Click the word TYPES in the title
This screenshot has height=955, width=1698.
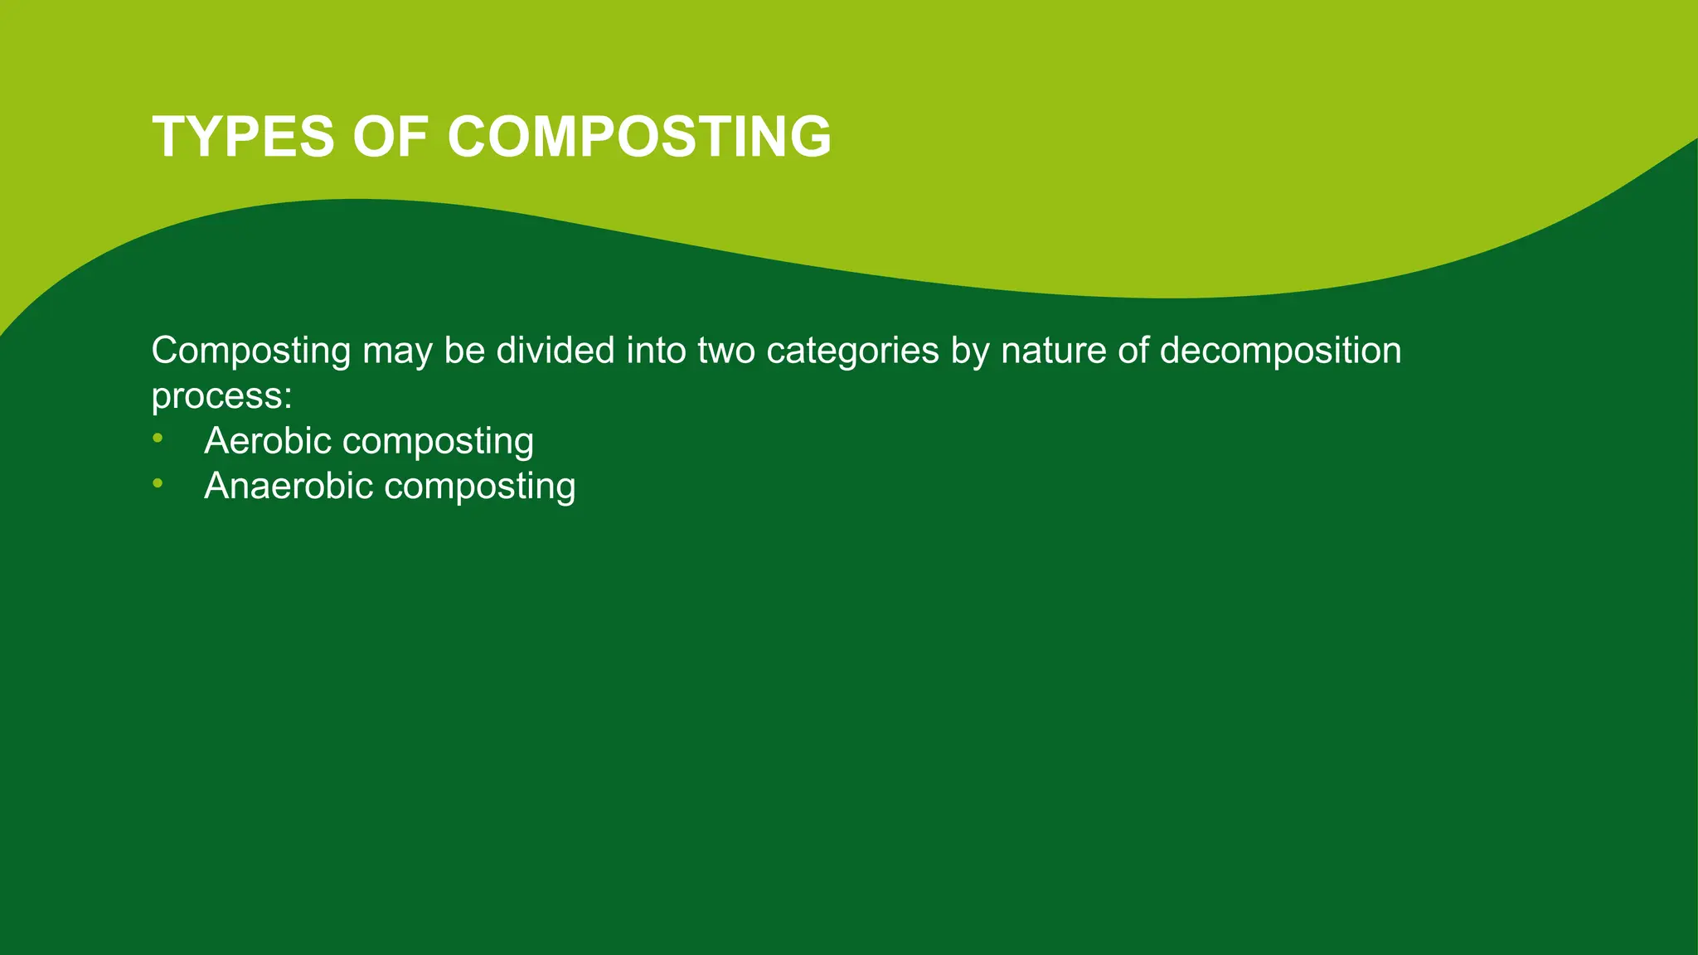pos(244,137)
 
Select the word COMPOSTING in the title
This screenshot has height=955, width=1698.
pos(639,137)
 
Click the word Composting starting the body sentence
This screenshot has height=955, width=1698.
pos(251,351)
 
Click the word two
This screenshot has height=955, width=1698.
pos(726,350)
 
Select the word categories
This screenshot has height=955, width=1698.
pos(852,351)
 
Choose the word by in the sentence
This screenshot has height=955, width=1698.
pos(969,351)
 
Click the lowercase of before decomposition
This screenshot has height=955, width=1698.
pos(1133,350)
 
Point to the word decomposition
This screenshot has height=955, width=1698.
pos(1280,351)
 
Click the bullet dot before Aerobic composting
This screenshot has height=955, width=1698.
pos(158,438)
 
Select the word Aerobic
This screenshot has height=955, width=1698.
pos(268,440)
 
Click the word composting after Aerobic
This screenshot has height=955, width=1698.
pos(438,442)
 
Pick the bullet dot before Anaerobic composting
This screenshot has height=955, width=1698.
pos(158,483)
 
